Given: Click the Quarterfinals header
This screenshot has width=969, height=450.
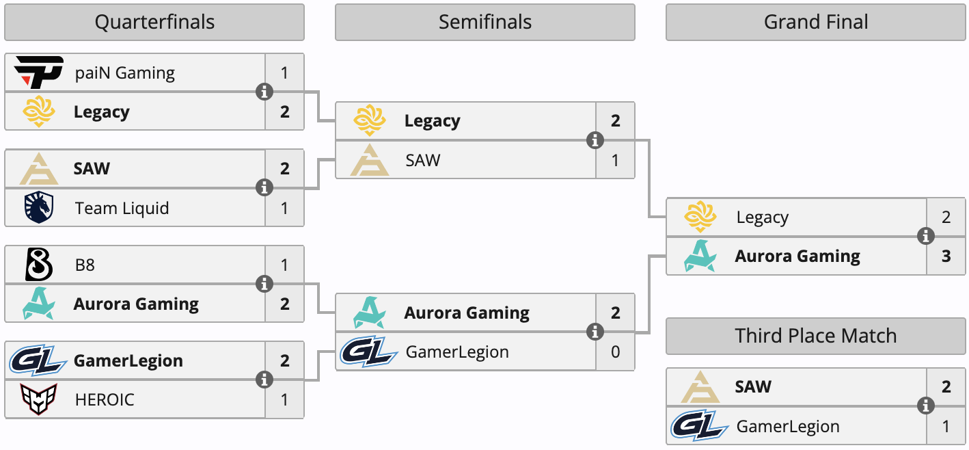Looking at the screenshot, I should [x=154, y=23].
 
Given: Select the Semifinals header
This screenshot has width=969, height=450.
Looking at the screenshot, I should [x=485, y=23].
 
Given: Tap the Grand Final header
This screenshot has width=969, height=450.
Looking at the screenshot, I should [x=816, y=23].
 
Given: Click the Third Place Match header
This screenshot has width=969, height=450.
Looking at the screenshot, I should [x=816, y=336].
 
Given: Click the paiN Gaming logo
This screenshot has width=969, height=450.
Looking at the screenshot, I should [x=39, y=72].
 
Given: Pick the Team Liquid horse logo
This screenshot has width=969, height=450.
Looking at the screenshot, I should [x=39, y=207].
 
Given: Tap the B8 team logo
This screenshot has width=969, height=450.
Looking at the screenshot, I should [x=39, y=265].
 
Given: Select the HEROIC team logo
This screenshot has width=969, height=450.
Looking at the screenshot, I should [x=39, y=399].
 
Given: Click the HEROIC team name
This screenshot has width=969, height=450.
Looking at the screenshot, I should [x=105, y=399].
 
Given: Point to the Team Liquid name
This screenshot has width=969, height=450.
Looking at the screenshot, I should [x=122, y=208].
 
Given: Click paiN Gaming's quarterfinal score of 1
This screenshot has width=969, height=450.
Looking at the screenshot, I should [x=285, y=72].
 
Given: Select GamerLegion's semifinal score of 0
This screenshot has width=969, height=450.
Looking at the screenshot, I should [x=616, y=352].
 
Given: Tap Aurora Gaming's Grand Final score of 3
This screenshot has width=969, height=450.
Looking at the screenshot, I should [x=946, y=256].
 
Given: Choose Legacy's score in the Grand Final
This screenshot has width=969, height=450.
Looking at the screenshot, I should [x=946, y=217].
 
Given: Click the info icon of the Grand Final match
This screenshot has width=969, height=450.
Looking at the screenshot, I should [x=926, y=237].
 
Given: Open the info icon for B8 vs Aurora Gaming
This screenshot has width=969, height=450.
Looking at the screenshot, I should [x=264, y=284].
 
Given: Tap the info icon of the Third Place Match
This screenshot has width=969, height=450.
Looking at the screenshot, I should [x=926, y=406].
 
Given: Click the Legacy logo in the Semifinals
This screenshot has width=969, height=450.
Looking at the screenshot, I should [x=370, y=121].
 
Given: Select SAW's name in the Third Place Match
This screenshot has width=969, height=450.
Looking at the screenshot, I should [x=753, y=387].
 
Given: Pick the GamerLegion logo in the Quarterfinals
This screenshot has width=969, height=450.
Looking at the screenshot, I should [x=38, y=360].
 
